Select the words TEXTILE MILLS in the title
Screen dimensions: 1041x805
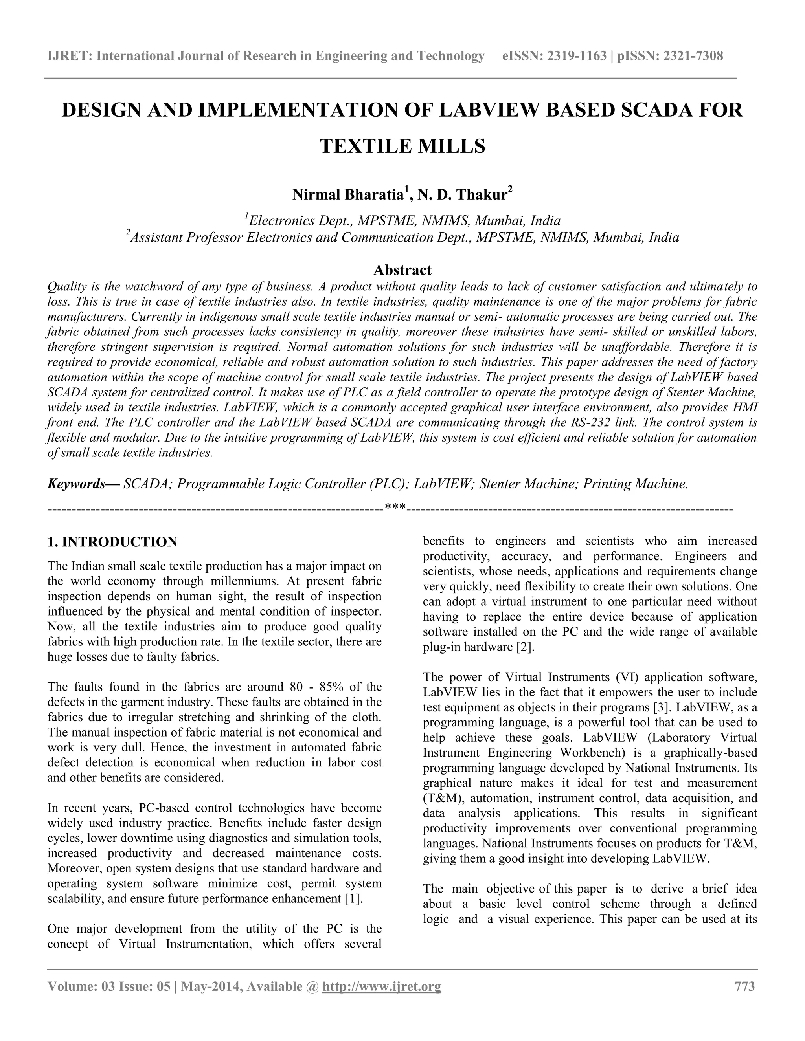pos(402,146)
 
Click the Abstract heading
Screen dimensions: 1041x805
pos(402,270)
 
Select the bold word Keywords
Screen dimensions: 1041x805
pos(76,484)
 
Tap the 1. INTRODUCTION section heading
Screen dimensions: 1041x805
pos(112,542)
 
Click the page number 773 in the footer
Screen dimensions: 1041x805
pos(745,986)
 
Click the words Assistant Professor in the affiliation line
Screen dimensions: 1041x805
pos(186,237)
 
